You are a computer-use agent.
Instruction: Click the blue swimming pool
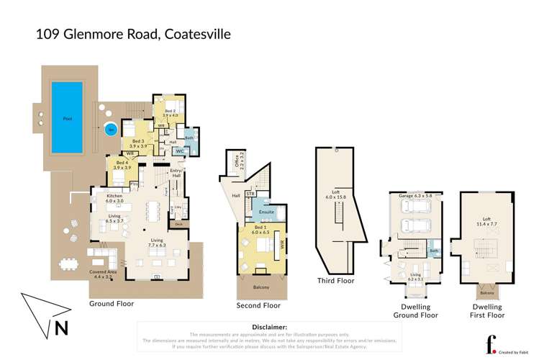(x=67, y=117)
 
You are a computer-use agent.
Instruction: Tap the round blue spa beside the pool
(x=109, y=130)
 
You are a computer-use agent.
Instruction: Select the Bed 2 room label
(x=169, y=113)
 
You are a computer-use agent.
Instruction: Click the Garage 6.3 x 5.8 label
(x=413, y=196)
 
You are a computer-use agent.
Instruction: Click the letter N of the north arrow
(x=62, y=330)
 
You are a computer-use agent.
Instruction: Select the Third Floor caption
(x=337, y=281)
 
